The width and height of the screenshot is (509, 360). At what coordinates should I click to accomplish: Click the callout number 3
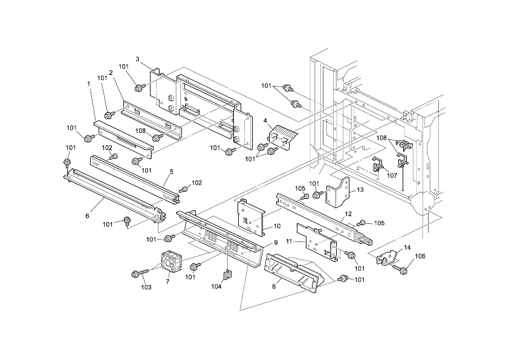coord(137,59)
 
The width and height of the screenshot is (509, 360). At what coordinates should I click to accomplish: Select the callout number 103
coord(146,287)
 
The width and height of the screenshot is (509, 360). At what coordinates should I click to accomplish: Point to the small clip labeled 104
coord(228,275)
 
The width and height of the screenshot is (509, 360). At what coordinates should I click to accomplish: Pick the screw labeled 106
coord(400,266)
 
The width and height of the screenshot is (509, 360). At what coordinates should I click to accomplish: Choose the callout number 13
coord(360,190)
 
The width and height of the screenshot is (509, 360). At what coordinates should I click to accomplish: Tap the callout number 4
coord(265,121)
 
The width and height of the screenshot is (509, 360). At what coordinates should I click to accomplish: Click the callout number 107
coord(392,176)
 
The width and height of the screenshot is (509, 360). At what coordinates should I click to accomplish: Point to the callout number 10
coord(277,226)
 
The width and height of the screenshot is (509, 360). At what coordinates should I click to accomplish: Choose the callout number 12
coord(348,214)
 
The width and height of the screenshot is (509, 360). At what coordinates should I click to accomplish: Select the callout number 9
coord(275,243)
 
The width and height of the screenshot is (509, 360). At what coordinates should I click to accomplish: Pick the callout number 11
coord(289,241)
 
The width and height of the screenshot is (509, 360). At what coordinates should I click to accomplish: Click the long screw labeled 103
coord(138,274)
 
